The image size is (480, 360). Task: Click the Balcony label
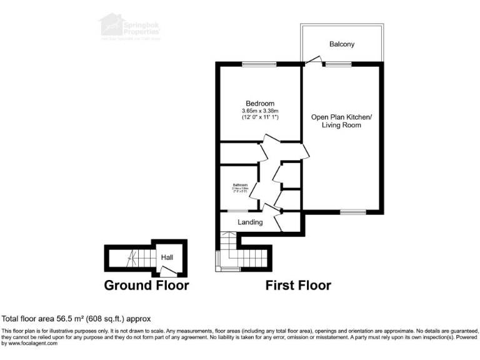click(342, 44)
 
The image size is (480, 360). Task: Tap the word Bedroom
click(259, 104)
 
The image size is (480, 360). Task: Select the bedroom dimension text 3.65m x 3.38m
click(259, 111)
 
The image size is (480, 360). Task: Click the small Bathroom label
click(241, 186)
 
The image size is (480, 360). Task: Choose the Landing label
click(250, 222)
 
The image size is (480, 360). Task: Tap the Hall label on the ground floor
click(167, 257)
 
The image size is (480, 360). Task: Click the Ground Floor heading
click(146, 286)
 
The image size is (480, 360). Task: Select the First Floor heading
click(299, 286)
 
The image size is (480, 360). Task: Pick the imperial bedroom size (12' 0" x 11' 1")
click(259, 117)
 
